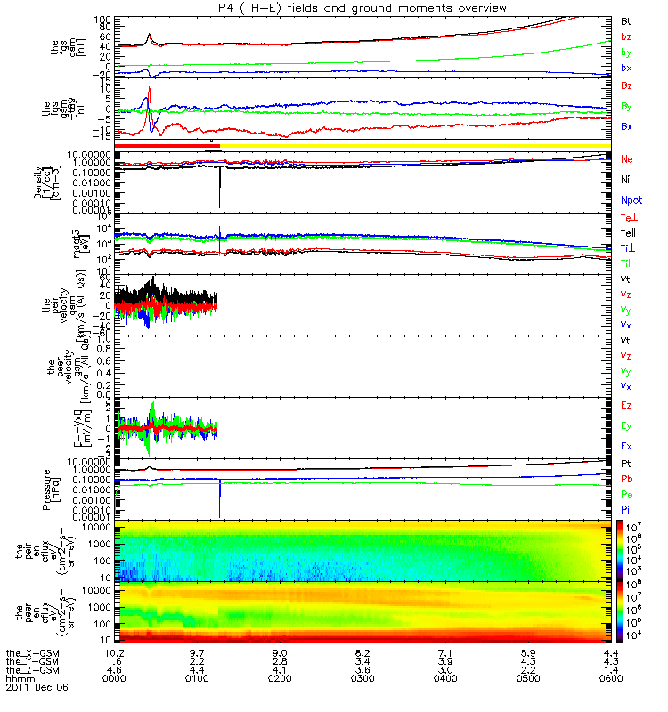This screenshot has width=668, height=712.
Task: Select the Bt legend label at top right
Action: pyautogui.click(x=626, y=20)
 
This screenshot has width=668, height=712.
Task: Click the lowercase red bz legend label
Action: pyautogui.click(x=626, y=36)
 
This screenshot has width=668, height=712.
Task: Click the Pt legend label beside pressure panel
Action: pyautogui.click(x=626, y=465)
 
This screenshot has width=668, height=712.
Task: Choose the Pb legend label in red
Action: pyautogui.click(x=626, y=479)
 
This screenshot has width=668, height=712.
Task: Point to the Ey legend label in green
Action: pyautogui.click(x=626, y=425)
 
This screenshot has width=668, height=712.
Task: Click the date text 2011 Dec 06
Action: pyautogui.click(x=36, y=688)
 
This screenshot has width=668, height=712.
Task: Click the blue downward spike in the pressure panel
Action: pyautogui.click(x=219, y=498)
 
